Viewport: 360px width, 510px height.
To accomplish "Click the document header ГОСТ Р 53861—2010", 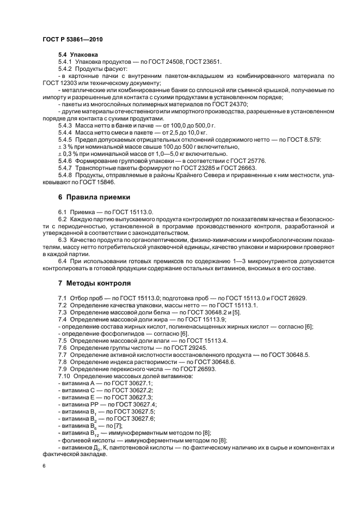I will (x=72, y=40).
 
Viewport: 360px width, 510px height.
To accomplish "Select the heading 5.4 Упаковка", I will (x=78, y=55).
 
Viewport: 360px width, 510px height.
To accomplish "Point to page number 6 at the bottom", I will (x=44, y=466).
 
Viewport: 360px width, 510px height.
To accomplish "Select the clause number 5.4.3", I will (x=65, y=126).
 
